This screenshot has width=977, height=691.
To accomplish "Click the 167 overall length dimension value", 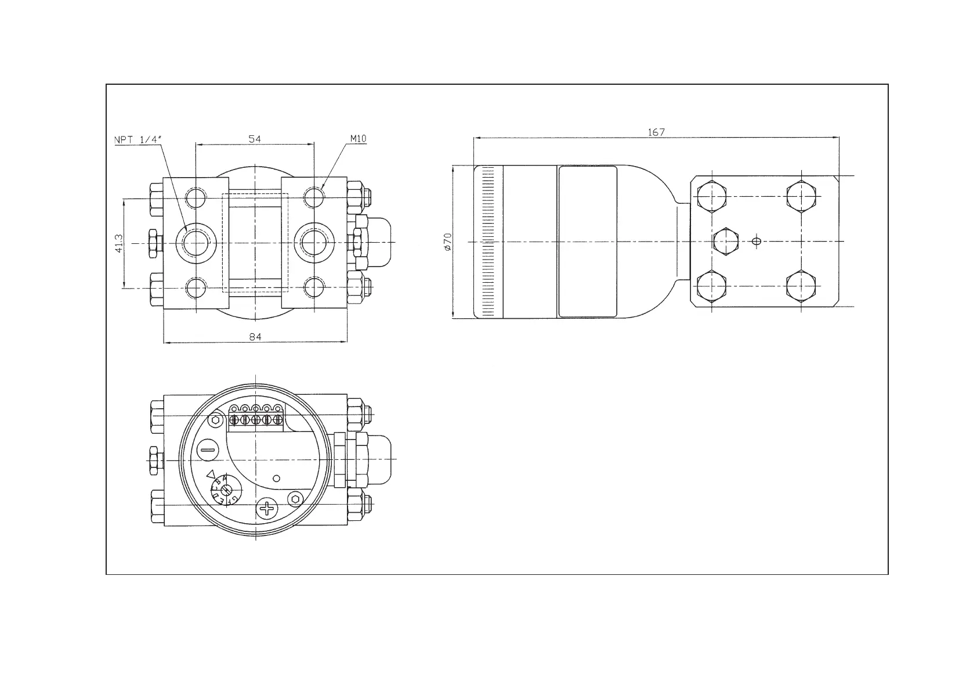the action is (x=656, y=132).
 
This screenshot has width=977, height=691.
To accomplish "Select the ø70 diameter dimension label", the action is (x=447, y=242).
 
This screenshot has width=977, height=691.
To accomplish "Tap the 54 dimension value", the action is (x=255, y=139).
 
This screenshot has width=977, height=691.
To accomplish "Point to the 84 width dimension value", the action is (x=255, y=337).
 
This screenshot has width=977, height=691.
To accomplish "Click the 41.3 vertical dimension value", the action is (x=119, y=244).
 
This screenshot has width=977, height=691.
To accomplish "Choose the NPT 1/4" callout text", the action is (x=138, y=140).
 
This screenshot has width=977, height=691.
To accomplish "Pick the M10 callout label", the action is (x=358, y=139).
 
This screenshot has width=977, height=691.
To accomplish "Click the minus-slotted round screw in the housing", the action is (x=208, y=449).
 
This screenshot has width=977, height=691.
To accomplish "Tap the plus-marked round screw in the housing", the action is (x=267, y=509).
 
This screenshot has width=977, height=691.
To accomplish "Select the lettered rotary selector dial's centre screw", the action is (x=226, y=490).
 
